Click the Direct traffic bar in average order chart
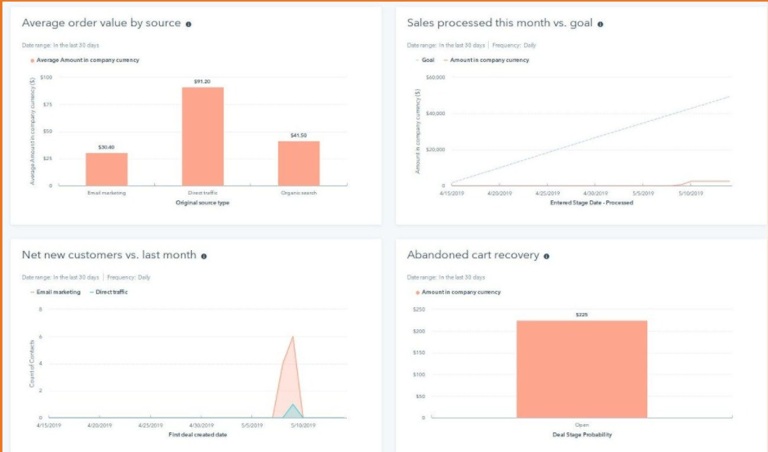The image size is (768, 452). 202,136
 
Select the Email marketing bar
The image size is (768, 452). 106,169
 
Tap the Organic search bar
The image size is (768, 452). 299,163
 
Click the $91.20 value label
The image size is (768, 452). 202,82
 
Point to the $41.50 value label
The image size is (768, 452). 299,135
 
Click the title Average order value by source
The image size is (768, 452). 101,23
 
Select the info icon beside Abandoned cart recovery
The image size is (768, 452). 547,256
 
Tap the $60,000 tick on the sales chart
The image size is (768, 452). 434,78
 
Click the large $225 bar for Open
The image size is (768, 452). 582,369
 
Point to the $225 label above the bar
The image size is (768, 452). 582,315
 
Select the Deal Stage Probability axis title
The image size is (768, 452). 582,435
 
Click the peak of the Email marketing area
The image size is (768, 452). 293,337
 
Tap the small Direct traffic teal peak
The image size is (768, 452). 293,405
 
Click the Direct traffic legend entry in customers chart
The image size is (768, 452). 111,292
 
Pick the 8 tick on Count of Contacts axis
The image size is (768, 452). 40,310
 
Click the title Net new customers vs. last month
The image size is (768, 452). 109,255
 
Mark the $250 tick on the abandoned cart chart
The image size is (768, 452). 420,310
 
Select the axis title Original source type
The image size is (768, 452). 202,203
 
